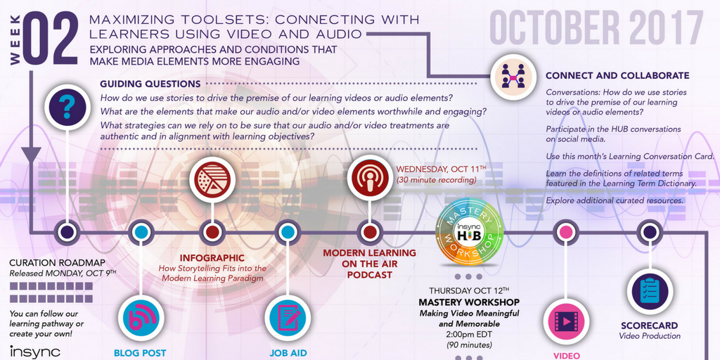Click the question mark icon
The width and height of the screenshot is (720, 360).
click(67, 107)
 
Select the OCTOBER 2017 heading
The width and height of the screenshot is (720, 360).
click(596, 27)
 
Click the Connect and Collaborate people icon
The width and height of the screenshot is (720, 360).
click(513, 76)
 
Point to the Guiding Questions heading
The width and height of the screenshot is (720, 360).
click(150, 84)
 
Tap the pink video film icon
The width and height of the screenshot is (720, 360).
click(566, 320)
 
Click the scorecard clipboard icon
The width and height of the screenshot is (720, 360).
click(650, 292)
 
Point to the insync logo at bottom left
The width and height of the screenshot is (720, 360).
click(35, 352)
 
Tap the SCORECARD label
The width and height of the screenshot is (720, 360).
click(648, 326)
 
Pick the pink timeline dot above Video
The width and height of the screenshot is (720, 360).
click(565, 231)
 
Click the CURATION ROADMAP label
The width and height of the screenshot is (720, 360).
click(58, 263)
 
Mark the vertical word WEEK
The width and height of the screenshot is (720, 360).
click(14, 39)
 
